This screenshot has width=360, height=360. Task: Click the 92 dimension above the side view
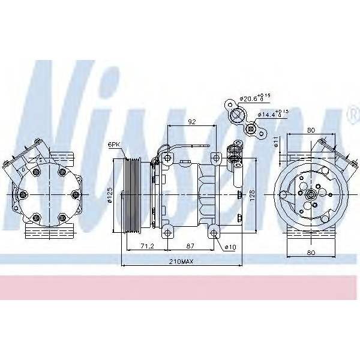(x=192, y=122)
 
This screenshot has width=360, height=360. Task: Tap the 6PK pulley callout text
(x=113, y=145)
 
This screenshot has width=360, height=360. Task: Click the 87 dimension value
(x=189, y=247)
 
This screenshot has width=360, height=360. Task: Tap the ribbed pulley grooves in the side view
(x=133, y=194)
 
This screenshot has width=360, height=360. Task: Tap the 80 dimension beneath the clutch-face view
(x=311, y=253)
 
